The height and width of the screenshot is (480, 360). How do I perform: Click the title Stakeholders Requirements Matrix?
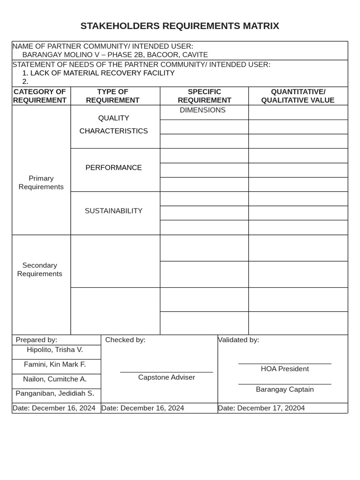[180, 26]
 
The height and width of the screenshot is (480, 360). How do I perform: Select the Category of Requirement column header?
[40, 96]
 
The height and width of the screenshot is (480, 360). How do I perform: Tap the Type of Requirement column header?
[112, 96]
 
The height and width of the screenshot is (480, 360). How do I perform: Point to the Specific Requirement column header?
[204, 96]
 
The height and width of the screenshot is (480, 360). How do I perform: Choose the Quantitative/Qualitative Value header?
[298, 96]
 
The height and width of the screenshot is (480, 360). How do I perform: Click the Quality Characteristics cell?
[113, 125]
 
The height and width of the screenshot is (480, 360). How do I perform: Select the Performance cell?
[113, 168]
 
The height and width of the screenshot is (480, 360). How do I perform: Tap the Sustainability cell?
[113, 211]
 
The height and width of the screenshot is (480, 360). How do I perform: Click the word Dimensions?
[202, 110]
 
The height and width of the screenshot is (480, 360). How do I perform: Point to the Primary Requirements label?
[41, 182]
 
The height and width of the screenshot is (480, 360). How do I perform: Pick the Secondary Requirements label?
[40, 270]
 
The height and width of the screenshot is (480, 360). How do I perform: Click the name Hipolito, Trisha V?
[55, 350]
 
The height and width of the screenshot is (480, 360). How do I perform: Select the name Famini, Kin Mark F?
[55, 364]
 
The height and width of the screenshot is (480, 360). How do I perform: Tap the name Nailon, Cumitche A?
[55, 379]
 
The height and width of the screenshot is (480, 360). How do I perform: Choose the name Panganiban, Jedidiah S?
[55, 393]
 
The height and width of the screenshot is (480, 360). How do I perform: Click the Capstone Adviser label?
[166, 377]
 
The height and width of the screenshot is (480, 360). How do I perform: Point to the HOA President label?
[285, 369]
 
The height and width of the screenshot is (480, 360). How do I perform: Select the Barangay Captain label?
[285, 390]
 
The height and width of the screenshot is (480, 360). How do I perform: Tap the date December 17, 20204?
[271, 408]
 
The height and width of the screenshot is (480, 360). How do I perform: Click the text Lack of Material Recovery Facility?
[102, 73]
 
